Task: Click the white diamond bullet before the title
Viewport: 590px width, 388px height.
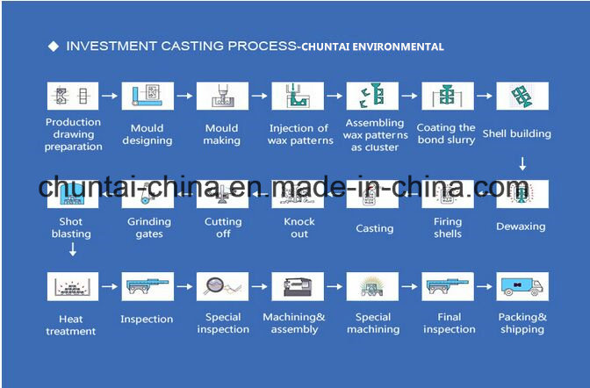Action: pos(54,47)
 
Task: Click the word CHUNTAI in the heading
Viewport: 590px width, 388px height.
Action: pos(325,47)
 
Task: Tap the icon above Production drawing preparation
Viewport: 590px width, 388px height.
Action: pos(73,96)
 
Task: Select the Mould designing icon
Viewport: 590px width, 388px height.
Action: pos(147,96)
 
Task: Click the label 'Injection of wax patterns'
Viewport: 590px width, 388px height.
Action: pos(300,134)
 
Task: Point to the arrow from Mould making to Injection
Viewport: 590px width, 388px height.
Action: pos(259,96)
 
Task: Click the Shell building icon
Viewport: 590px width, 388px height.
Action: pos(522,96)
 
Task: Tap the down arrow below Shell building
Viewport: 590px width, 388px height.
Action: pos(522,163)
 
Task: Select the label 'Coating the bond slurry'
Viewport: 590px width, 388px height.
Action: pos(446,133)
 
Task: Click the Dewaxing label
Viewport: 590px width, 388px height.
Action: pos(521,226)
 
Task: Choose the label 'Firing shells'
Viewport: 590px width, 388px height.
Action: pos(448,227)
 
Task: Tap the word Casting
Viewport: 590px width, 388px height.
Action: pos(375,228)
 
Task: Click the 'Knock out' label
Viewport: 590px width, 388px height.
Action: pos(299,227)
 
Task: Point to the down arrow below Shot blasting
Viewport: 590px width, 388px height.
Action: pos(73,249)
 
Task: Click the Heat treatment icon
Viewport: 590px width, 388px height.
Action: pos(73,287)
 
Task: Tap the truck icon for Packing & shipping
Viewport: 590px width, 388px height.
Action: pos(522,287)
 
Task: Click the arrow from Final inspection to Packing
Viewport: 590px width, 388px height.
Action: pos(485,287)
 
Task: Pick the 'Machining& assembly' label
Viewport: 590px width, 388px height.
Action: pos(294,323)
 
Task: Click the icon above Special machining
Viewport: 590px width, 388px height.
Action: pos(372,287)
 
